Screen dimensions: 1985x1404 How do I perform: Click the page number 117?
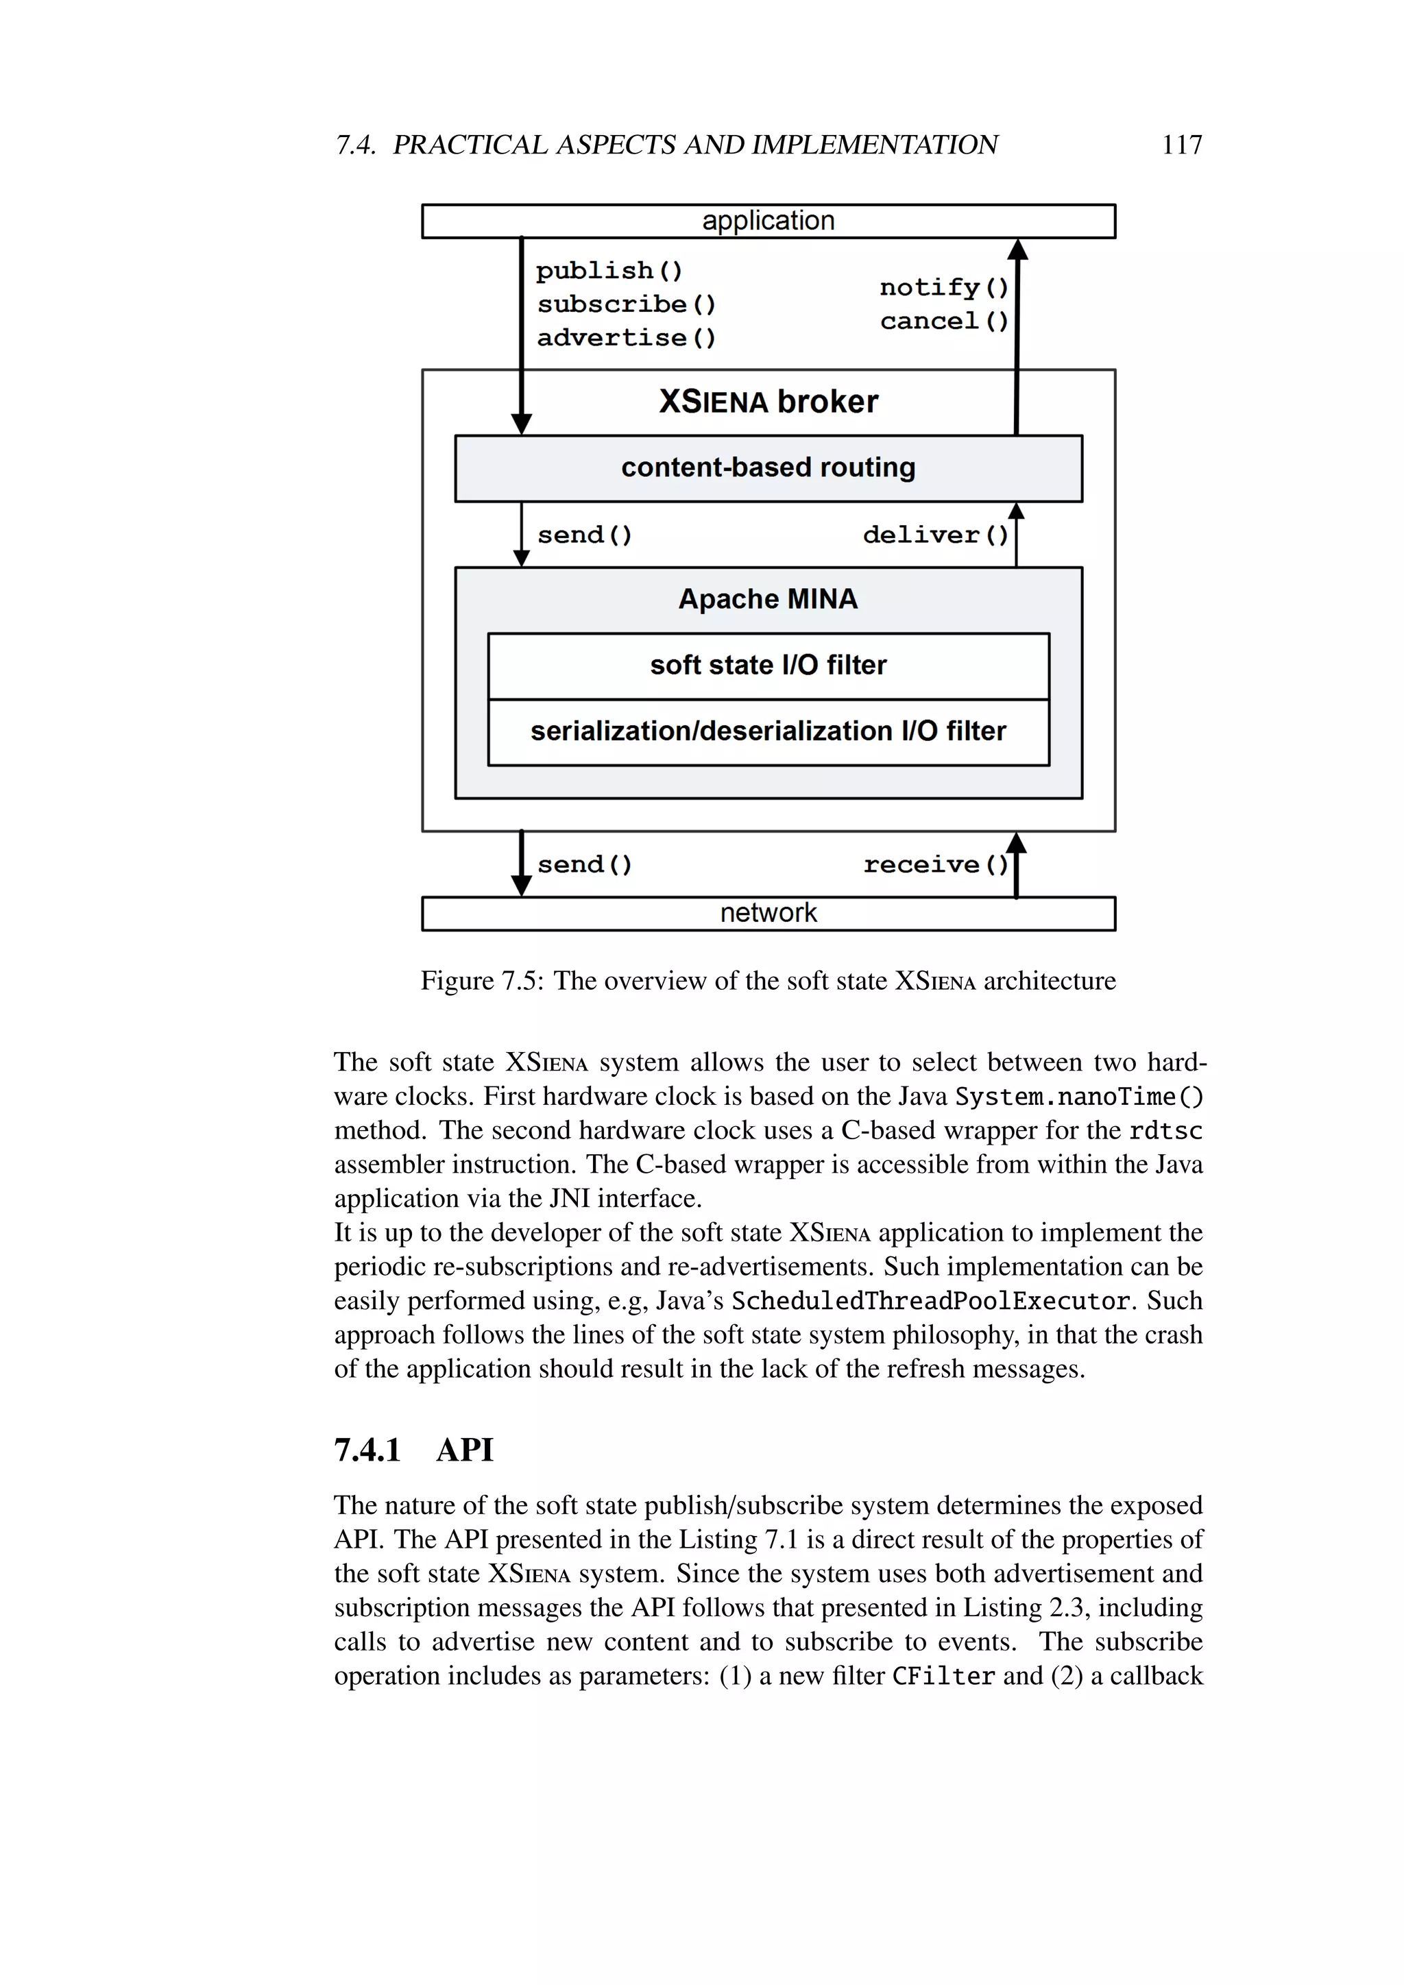[1181, 145]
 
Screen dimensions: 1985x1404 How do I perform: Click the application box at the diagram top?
[768, 221]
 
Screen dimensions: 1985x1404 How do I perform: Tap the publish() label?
[609, 271]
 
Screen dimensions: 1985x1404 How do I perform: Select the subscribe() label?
[627, 304]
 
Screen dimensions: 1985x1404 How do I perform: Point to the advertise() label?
[627, 338]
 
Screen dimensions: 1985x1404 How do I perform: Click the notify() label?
[943, 287]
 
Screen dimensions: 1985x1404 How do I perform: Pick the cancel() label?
[943, 321]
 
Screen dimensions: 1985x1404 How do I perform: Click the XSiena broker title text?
[768, 402]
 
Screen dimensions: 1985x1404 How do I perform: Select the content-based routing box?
[768, 467]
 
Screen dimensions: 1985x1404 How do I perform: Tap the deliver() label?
[935, 535]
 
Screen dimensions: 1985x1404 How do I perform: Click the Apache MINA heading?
[768, 599]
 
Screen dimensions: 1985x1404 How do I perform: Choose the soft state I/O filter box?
[768, 665]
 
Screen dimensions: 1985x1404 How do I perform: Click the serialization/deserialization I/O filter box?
[768, 731]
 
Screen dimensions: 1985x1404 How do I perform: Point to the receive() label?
[935, 864]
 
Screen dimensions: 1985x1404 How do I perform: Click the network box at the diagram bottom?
[768, 913]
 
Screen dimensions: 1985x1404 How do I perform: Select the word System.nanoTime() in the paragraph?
[1078, 1097]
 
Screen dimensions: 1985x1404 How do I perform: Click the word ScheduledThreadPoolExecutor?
[930, 1301]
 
